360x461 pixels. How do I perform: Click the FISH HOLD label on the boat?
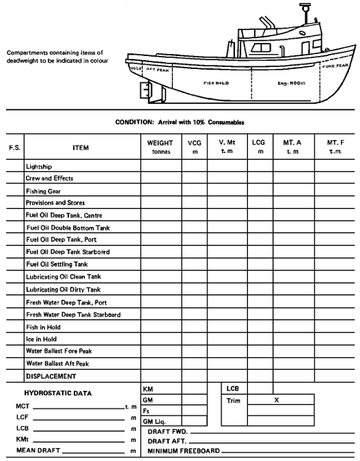click(216, 83)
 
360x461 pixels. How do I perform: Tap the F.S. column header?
click(14, 148)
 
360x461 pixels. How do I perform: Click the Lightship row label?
click(39, 166)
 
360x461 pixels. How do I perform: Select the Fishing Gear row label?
click(44, 191)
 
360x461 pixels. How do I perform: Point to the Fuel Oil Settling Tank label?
click(57, 264)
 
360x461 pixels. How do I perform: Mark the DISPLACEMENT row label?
click(51, 376)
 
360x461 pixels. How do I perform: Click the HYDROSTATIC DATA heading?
click(59, 393)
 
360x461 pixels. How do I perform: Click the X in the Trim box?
click(276, 400)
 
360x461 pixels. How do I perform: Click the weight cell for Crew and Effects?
click(160, 178)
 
